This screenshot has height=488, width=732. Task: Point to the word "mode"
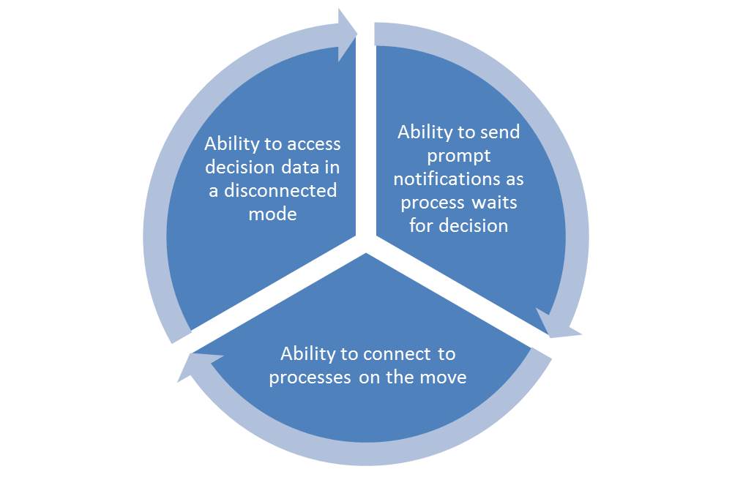click(x=272, y=214)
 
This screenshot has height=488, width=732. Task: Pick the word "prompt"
click(x=459, y=156)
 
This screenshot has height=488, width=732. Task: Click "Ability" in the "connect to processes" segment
click(x=307, y=354)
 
